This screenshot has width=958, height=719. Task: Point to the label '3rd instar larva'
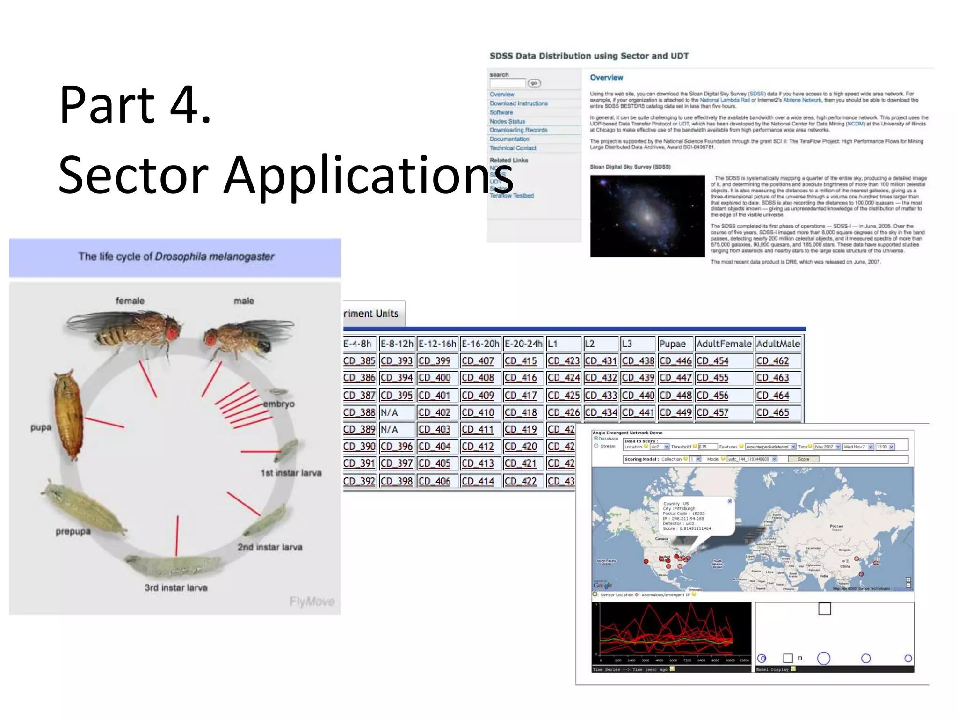click(176, 587)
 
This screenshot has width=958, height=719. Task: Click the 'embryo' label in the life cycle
click(279, 404)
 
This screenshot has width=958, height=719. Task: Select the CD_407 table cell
click(478, 361)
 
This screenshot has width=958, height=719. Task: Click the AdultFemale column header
click(724, 344)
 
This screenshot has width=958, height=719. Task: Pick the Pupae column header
click(672, 344)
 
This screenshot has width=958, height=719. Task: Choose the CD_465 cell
click(772, 412)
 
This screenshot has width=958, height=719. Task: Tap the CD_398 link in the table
click(396, 481)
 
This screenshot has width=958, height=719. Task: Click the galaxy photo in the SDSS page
click(647, 216)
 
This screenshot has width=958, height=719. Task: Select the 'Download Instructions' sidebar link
click(518, 103)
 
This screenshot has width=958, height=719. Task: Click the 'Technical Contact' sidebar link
click(513, 148)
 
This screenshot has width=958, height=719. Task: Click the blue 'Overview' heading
click(606, 78)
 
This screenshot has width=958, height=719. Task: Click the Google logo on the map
click(602, 585)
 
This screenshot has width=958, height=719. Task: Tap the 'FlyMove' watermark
click(312, 601)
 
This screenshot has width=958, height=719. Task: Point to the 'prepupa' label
click(73, 531)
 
